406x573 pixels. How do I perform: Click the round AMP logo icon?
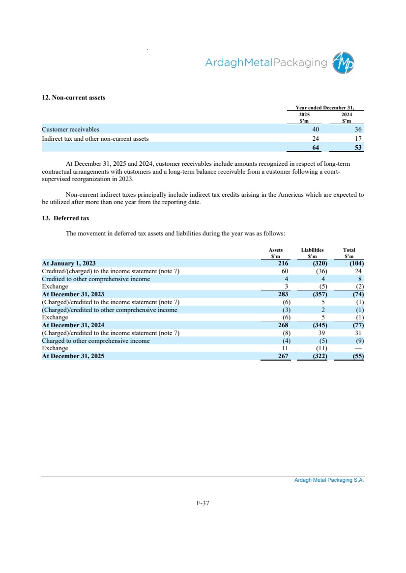[343, 63]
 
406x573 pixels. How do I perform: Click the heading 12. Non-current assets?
[73, 98]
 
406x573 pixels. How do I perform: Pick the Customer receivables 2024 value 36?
[358, 130]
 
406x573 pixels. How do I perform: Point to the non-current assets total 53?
[358, 148]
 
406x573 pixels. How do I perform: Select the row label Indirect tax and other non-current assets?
[95, 139]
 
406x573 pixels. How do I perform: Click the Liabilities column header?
[312, 250]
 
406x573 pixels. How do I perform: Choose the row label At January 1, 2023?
[69, 263]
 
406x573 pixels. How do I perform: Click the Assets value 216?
[283, 263]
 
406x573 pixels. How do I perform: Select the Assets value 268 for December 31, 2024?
[283, 325]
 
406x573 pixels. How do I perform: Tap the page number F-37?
[203, 503]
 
